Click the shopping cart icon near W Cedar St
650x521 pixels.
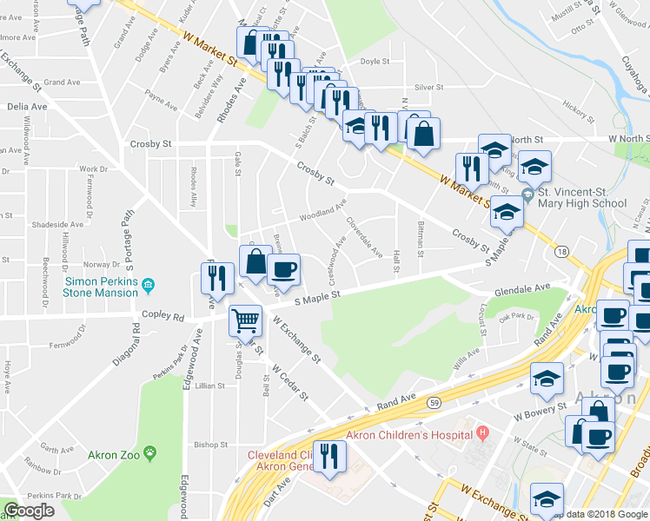click(x=245, y=321)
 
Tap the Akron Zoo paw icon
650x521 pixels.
click(x=150, y=452)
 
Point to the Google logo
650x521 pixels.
click(x=30, y=511)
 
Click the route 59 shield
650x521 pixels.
click(x=434, y=402)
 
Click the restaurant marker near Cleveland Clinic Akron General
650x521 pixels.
click(x=329, y=457)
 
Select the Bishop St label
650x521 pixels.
click(x=211, y=445)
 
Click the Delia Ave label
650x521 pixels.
click(x=27, y=106)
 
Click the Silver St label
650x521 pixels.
click(x=428, y=88)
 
